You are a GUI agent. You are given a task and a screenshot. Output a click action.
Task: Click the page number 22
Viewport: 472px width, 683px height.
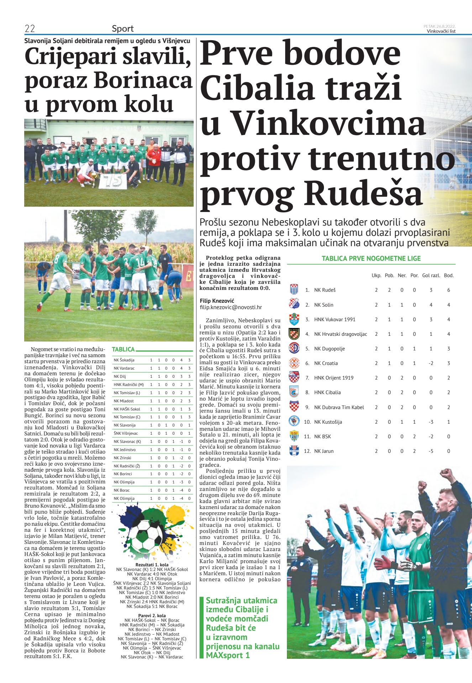pos(30,29)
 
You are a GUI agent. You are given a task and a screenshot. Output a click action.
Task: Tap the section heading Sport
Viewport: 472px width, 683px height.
pos(122,29)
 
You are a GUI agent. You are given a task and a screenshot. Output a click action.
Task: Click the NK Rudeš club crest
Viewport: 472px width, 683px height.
pos(294,290)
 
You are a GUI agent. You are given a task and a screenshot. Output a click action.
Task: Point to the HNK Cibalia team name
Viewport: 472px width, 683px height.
pos(327,392)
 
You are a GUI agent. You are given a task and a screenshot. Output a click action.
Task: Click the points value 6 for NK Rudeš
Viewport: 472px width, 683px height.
pos(449,290)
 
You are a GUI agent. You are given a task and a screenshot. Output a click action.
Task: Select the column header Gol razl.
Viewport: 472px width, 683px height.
pos(431,275)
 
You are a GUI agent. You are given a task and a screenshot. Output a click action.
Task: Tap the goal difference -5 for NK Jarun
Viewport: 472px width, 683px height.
pos(431,451)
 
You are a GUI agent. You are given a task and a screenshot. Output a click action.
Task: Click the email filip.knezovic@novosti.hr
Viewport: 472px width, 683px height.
pos(231,307)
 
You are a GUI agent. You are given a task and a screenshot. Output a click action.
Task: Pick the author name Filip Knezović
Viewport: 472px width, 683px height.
pos(217,301)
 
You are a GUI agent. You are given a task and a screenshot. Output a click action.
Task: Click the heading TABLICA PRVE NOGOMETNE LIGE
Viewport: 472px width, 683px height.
pos(371,259)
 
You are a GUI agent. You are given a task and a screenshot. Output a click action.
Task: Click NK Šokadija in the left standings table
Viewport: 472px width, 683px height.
pos(124,360)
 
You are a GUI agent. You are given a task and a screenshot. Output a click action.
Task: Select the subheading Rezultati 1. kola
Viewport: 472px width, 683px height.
pos(152,565)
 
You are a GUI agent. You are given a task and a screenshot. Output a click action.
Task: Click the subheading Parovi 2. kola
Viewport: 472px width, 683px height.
pos(152,615)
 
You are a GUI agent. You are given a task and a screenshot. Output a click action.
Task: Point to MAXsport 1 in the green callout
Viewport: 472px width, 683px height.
pos(227,655)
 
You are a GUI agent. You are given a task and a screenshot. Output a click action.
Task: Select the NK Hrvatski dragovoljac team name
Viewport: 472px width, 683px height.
pos(340,334)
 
